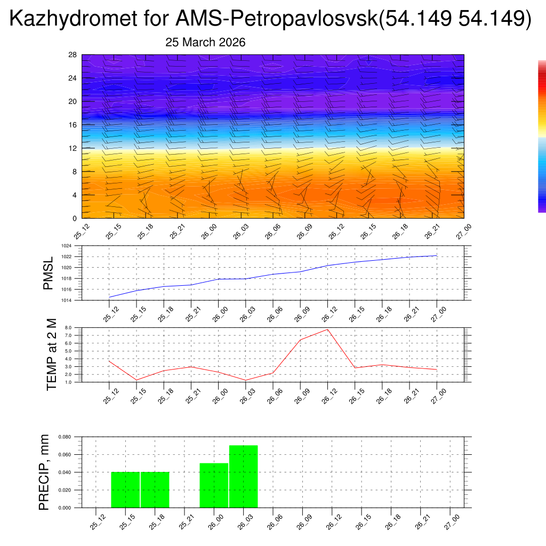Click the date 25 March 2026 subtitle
[x=205, y=43]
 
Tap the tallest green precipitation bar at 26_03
[x=244, y=476]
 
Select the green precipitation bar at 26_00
[x=214, y=485]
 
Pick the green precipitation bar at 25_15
[x=125, y=489]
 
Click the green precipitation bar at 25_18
[x=155, y=489]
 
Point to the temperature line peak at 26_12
[x=327, y=329]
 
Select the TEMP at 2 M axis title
[x=52, y=354]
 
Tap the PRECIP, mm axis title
[x=45, y=472]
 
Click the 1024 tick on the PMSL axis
[x=66, y=246]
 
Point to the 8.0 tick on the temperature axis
[x=68, y=327]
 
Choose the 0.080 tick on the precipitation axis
[x=65, y=437]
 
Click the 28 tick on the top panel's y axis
[x=73, y=55]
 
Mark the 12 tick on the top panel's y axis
[x=73, y=148]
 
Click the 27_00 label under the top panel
[x=464, y=231]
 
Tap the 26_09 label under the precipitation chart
[x=303, y=522]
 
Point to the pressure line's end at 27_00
[x=437, y=255]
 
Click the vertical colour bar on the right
[x=542, y=136]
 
